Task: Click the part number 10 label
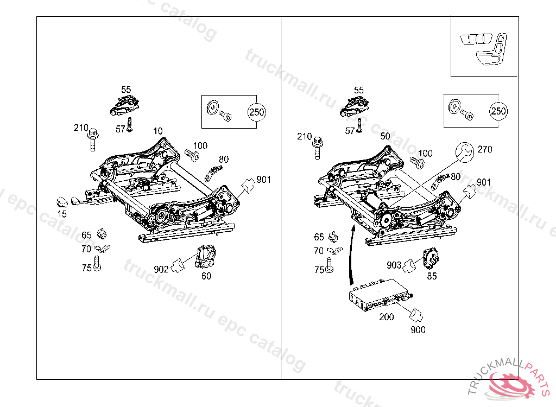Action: (158, 131)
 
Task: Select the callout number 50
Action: (386, 136)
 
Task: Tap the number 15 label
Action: (62, 214)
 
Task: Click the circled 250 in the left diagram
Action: (256, 112)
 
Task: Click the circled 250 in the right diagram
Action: (498, 111)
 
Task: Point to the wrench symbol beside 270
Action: (463, 152)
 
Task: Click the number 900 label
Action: (418, 329)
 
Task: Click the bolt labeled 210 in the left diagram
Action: (93, 141)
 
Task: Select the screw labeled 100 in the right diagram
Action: (416, 163)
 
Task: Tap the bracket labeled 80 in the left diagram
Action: (213, 173)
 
